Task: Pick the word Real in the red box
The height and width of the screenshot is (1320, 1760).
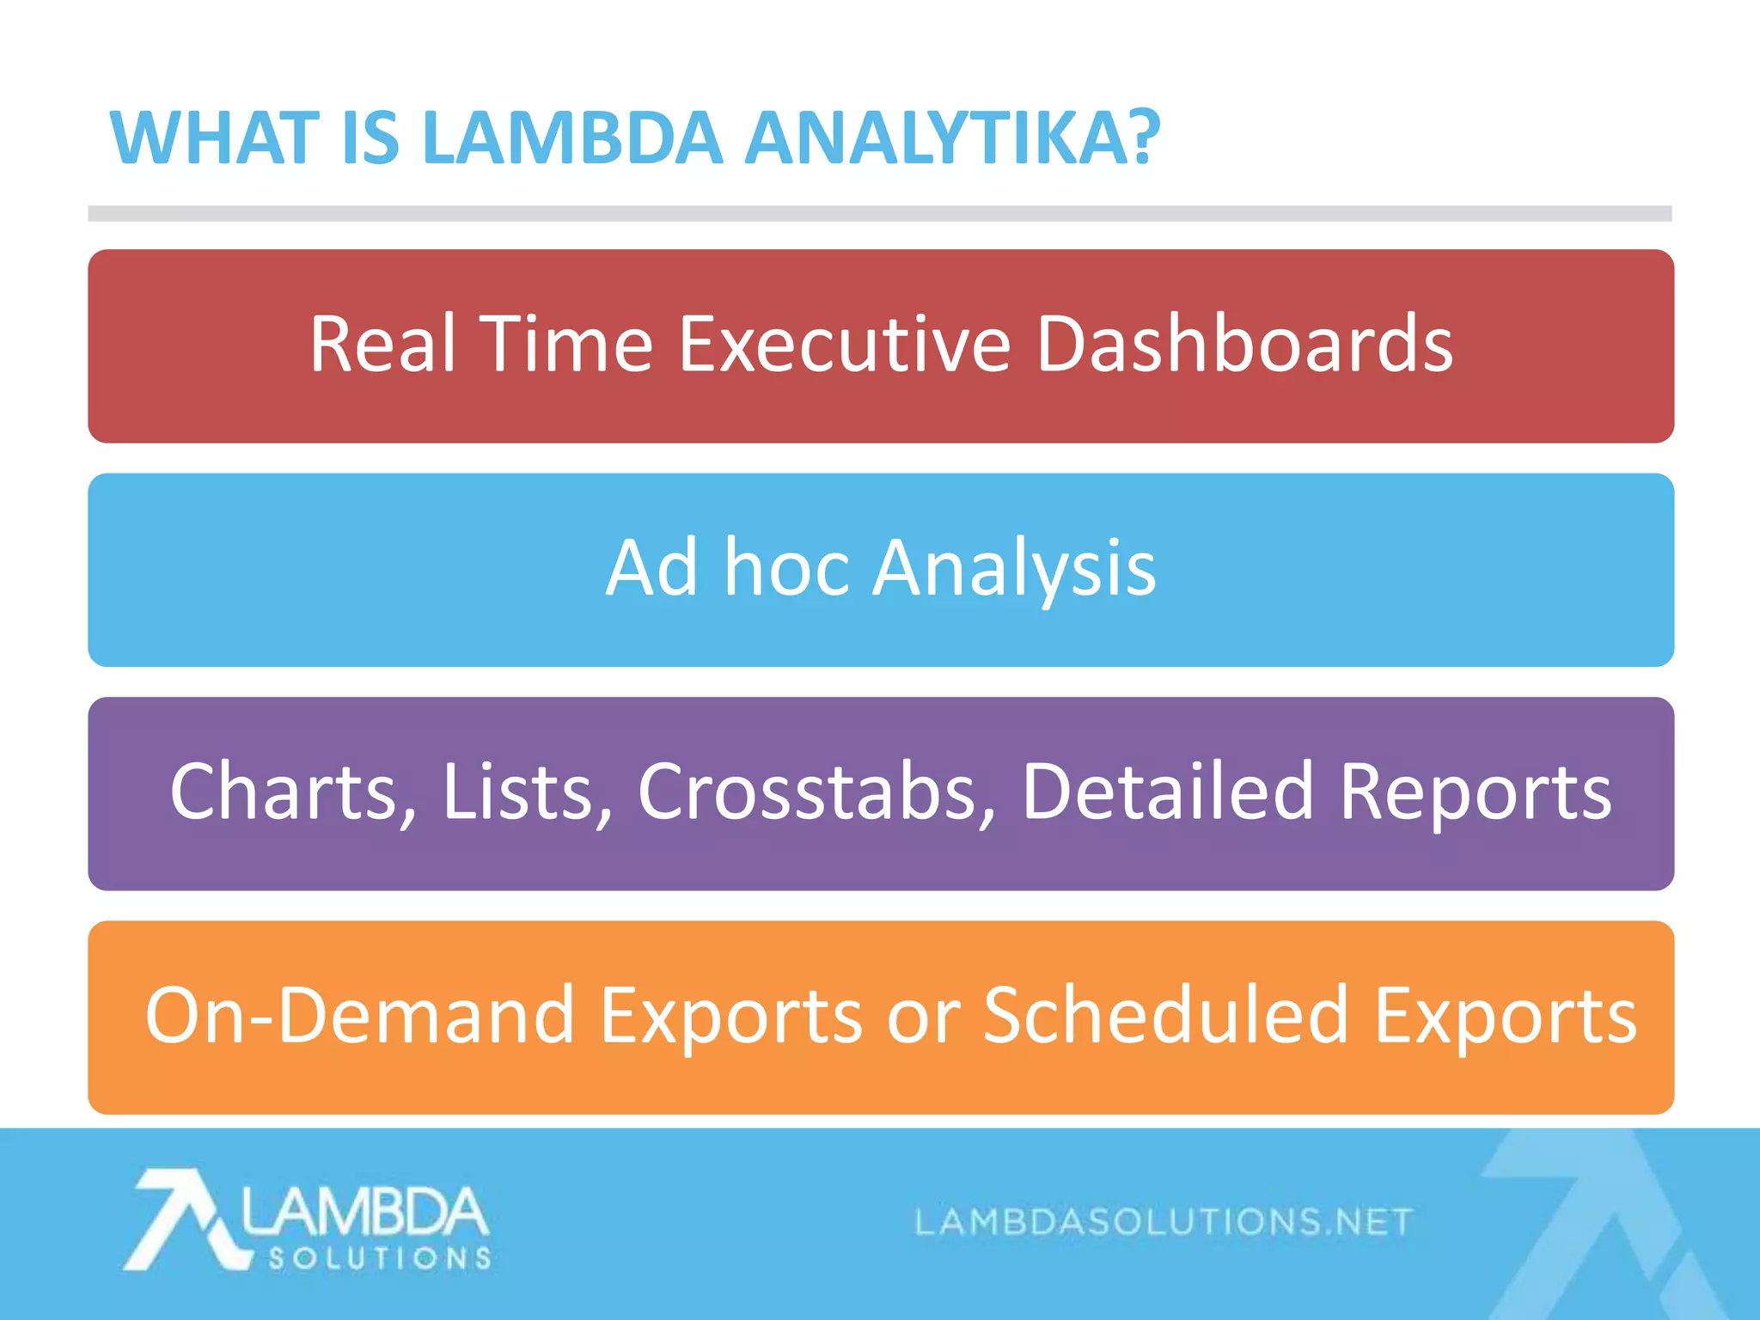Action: click(382, 344)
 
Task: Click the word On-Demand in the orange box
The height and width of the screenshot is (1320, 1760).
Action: click(359, 1016)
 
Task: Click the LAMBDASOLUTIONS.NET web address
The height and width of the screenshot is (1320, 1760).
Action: click(1164, 1221)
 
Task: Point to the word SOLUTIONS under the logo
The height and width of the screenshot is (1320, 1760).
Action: click(380, 1259)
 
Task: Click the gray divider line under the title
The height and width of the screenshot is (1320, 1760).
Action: click(880, 213)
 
